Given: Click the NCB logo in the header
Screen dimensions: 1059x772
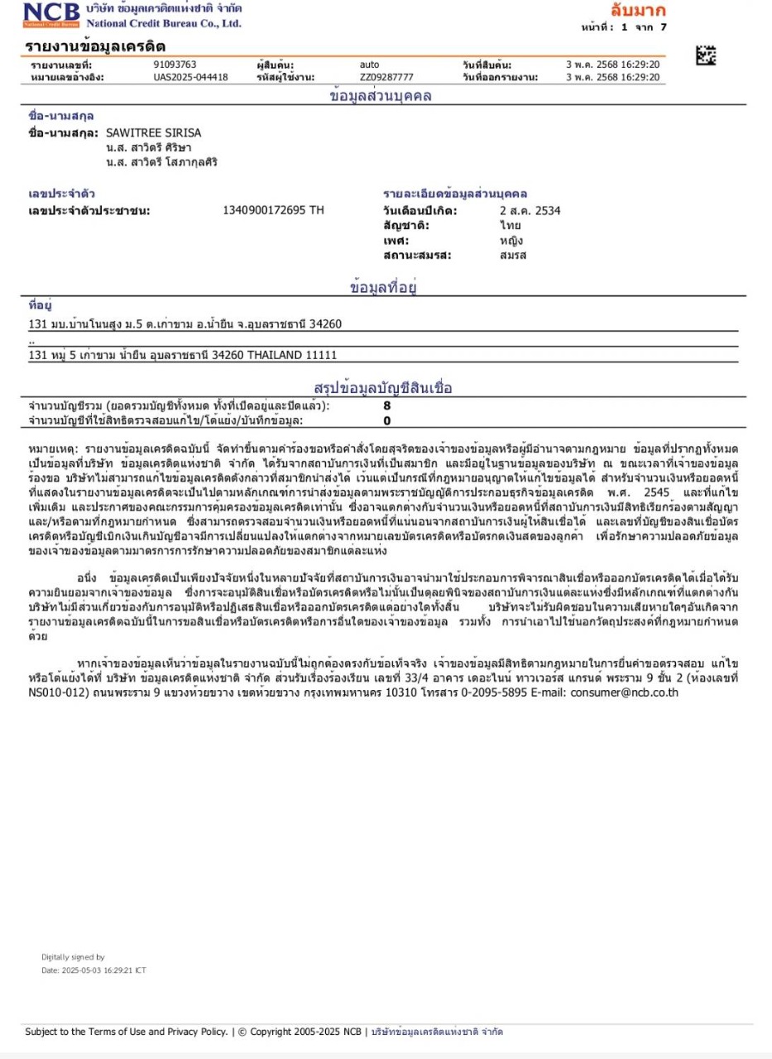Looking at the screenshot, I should click(x=52, y=14).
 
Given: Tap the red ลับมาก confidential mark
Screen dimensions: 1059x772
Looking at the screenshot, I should click(x=637, y=11).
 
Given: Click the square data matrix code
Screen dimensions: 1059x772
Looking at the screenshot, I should click(x=706, y=55).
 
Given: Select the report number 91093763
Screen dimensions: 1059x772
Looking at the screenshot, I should click(x=175, y=65).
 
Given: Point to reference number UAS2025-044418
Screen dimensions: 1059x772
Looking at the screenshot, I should click(x=190, y=77).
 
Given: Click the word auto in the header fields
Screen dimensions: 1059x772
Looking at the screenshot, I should click(x=369, y=65).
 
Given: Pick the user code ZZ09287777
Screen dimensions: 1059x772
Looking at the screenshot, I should click(x=386, y=77).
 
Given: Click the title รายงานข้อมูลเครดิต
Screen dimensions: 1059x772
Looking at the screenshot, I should click(x=95, y=46).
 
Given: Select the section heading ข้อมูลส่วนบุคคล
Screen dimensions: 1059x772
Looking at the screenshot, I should click(x=381, y=96).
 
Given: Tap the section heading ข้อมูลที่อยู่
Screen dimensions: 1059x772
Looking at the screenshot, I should click(x=382, y=288).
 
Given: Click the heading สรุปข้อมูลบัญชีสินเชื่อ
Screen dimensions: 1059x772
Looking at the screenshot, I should click(x=383, y=387).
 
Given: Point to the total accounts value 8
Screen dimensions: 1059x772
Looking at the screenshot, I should click(x=386, y=406).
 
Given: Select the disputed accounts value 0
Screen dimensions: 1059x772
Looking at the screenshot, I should click(x=386, y=420).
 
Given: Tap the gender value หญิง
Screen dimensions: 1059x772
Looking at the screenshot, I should click(x=510, y=241).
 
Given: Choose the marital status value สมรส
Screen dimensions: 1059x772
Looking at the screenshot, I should click(x=512, y=255).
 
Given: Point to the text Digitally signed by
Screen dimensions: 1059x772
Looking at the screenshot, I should click(x=73, y=957).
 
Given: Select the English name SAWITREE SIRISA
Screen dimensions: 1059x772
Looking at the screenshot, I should click(x=154, y=132).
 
